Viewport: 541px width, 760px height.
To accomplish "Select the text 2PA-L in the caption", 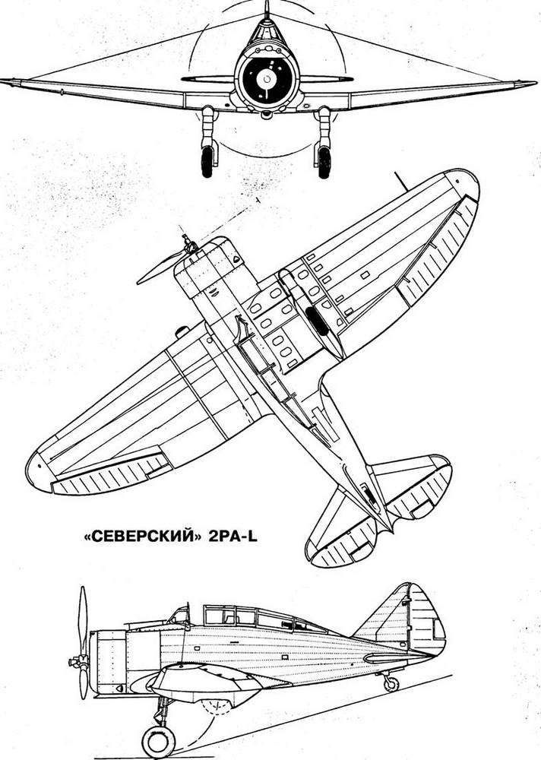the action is pos(233,537).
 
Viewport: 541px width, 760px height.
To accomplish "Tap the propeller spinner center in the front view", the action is pos(266,78).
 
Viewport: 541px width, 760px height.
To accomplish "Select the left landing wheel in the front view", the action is pos(207,162).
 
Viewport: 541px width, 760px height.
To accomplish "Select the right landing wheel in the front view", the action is pos(324,162).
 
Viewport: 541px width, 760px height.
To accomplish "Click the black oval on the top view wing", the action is pos(318,321).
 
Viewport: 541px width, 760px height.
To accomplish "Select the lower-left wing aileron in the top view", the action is pos(109,474).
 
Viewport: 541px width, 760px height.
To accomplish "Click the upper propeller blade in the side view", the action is pos(83,620).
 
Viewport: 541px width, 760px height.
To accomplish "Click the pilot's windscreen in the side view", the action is pos(180,616).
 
